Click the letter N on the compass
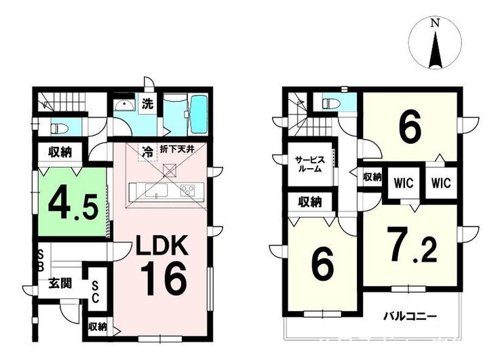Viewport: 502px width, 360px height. pos(434,23)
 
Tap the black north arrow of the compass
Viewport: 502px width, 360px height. pos(436,51)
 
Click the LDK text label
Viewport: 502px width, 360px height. pos(162,245)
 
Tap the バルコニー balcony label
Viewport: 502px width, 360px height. pos(410,317)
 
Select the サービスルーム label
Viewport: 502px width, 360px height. pos(310,164)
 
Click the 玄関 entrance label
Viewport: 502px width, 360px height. pos(60,283)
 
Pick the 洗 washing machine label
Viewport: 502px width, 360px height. pos(148,104)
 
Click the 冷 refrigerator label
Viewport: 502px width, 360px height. pos(148,151)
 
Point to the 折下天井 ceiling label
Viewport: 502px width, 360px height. pos(177,148)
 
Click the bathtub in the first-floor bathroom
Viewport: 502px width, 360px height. pos(199,115)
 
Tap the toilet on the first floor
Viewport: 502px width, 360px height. pos(59,129)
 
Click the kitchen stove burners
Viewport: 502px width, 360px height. pos(188,191)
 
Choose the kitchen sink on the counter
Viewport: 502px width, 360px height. pos(156,190)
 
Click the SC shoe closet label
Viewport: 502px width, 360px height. pos(96,292)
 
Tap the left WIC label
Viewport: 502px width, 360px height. pos(404,183)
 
